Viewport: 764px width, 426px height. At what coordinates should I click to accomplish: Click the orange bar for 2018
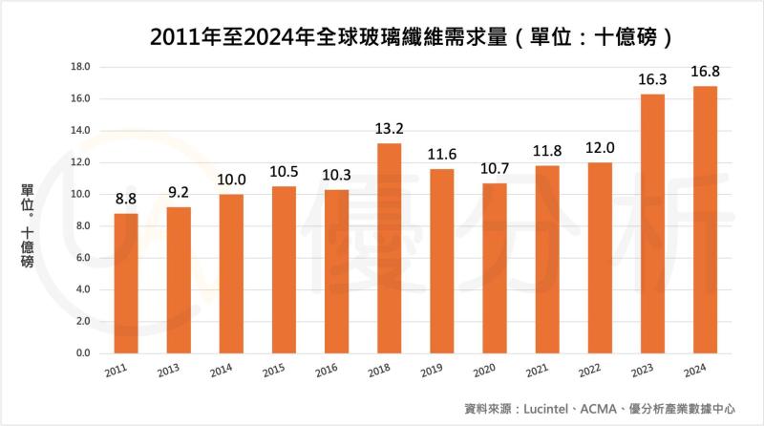click(x=389, y=248)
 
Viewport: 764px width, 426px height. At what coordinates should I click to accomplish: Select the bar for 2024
click(x=704, y=220)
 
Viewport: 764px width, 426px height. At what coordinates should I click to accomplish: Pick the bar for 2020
click(x=494, y=268)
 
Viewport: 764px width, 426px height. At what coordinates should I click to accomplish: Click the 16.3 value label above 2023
click(x=651, y=80)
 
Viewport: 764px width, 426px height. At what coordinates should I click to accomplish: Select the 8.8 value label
click(x=126, y=200)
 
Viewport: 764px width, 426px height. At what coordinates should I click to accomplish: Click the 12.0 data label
click(x=599, y=149)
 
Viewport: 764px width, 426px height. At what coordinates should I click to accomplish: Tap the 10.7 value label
click(x=494, y=169)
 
